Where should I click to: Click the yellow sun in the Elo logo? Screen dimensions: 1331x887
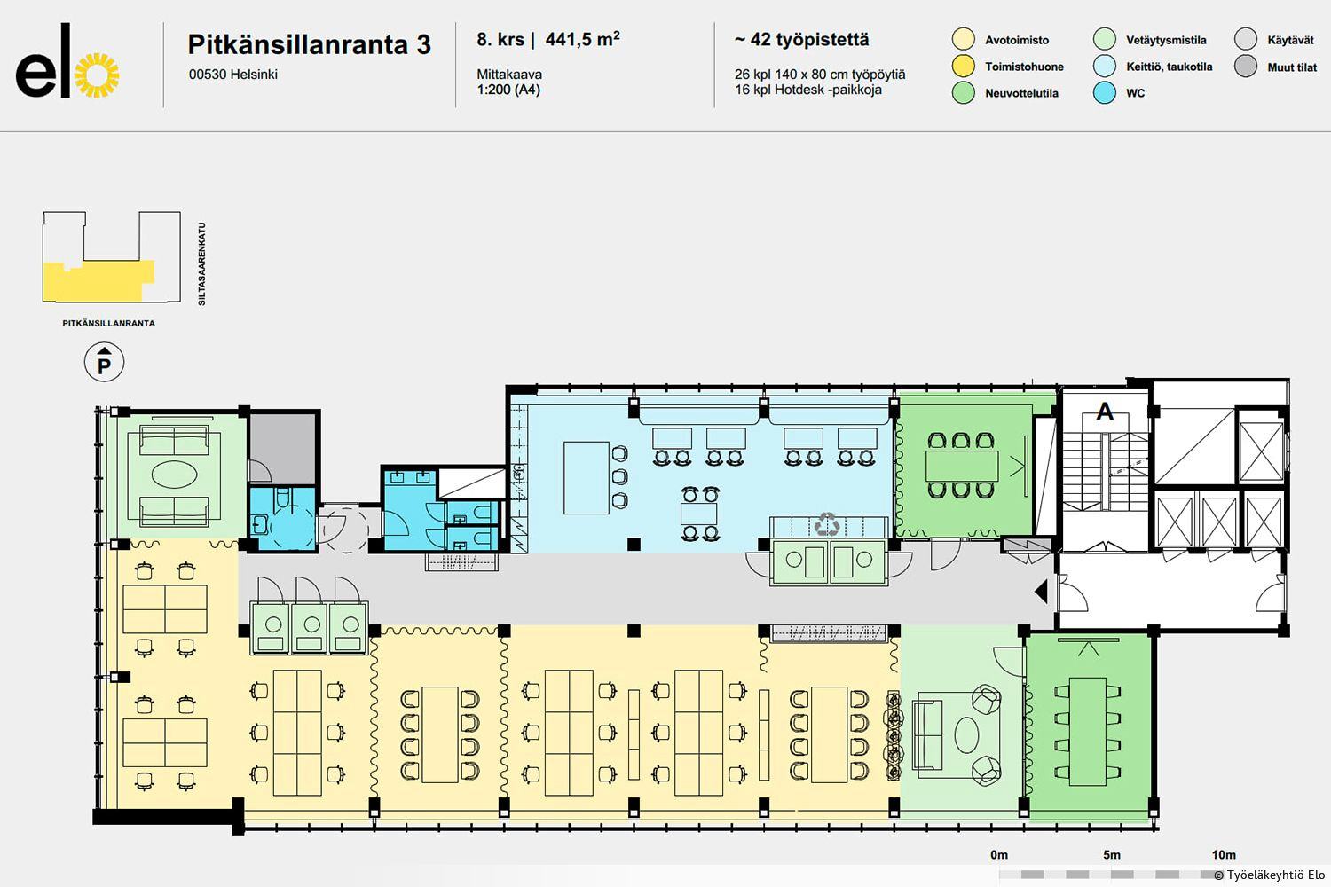pos(97,75)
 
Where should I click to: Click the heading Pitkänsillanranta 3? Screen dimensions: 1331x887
pos(309,44)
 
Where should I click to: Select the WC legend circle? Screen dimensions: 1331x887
pos(1105,92)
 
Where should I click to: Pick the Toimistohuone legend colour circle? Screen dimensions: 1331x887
pos(963,66)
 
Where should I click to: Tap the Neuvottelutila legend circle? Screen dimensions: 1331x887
pos(963,92)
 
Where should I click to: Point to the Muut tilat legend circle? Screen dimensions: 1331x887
pos(1246,66)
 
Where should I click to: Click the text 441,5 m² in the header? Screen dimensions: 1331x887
pos(582,39)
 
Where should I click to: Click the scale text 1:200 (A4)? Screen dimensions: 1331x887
pos(508,90)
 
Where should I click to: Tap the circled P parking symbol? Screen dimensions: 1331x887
pos(104,362)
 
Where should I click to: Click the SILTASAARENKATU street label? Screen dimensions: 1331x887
pos(202,263)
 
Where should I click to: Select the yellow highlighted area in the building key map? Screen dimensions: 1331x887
pos(95,282)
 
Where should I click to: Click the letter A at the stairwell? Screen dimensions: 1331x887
pos(1105,411)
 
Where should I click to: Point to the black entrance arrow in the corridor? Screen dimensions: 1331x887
pos(1041,592)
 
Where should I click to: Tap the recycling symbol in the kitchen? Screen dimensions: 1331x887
pos(826,524)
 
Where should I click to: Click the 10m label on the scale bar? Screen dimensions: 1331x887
pos(1224,854)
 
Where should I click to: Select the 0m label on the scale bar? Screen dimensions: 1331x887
pos(999,854)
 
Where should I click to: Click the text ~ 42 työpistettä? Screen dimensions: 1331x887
pos(801,40)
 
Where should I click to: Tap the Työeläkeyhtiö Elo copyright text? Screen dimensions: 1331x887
pos(1269,875)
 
